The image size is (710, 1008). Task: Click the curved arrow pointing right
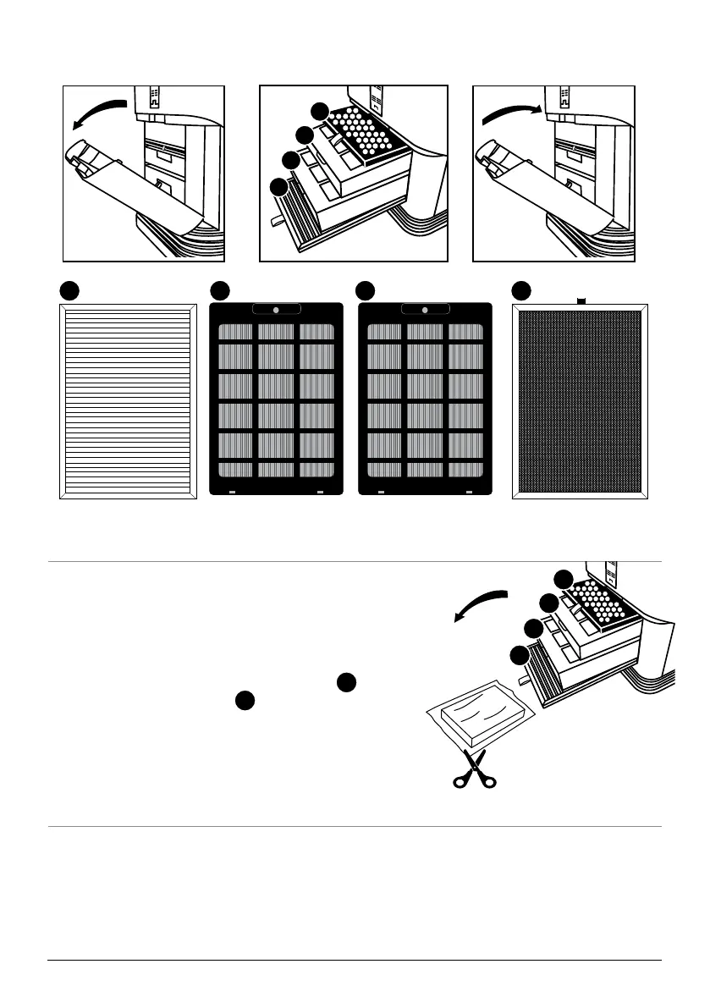(511, 113)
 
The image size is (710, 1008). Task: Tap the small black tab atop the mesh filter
(581, 300)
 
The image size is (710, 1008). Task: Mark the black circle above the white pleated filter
(69, 290)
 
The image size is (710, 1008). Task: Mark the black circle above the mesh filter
(522, 290)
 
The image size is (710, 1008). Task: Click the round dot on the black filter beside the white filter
(276, 311)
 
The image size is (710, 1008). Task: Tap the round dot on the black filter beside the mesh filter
(425, 311)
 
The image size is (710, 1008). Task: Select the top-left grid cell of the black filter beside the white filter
(236, 331)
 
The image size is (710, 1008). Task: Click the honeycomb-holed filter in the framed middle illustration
(366, 133)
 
